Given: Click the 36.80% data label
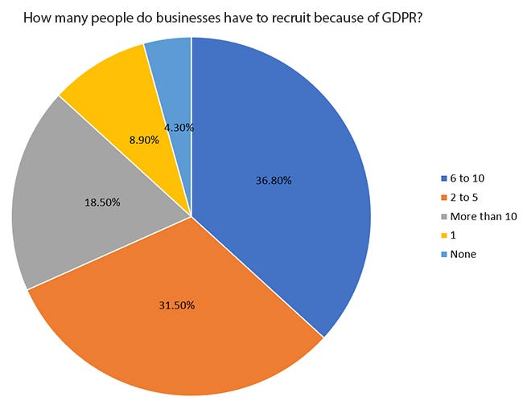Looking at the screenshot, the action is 274,181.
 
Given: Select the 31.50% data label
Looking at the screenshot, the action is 177,305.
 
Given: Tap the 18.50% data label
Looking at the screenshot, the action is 102,202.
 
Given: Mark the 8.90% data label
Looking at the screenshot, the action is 144,140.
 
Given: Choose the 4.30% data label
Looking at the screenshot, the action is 179,127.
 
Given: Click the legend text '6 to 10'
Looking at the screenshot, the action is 467,178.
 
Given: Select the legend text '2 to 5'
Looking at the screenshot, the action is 464,197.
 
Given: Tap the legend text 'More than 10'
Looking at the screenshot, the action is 484,216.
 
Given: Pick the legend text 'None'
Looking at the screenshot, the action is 463,255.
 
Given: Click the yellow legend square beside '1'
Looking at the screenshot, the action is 444,235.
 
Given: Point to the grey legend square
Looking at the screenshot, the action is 444,217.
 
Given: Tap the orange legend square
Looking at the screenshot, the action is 444,198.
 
